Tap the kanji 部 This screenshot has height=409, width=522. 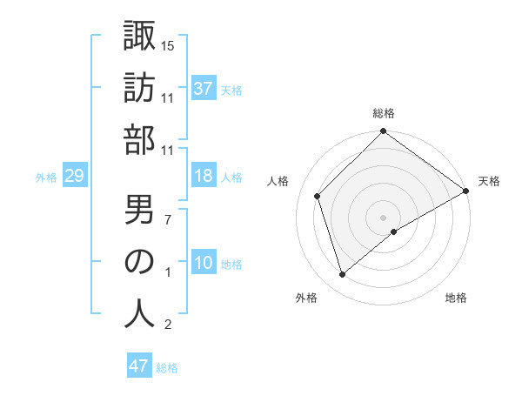[x=140, y=139]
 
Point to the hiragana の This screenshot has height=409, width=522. [x=140, y=261]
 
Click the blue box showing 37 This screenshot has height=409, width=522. [x=204, y=88]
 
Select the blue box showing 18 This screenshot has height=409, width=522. [x=204, y=177]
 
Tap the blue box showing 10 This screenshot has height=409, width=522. [x=204, y=264]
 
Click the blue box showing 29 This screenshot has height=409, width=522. [x=74, y=177]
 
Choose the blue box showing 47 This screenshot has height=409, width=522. [x=139, y=366]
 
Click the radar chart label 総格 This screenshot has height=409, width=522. [x=384, y=113]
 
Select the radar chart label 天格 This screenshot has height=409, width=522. [x=489, y=181]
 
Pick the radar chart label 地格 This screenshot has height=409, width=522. [x=456, y=298]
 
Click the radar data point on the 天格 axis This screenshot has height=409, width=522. [x=466, y=191]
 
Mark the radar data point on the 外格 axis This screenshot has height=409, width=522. [x=343, y=275]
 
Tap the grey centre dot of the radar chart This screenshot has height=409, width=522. [x=383, y=217]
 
